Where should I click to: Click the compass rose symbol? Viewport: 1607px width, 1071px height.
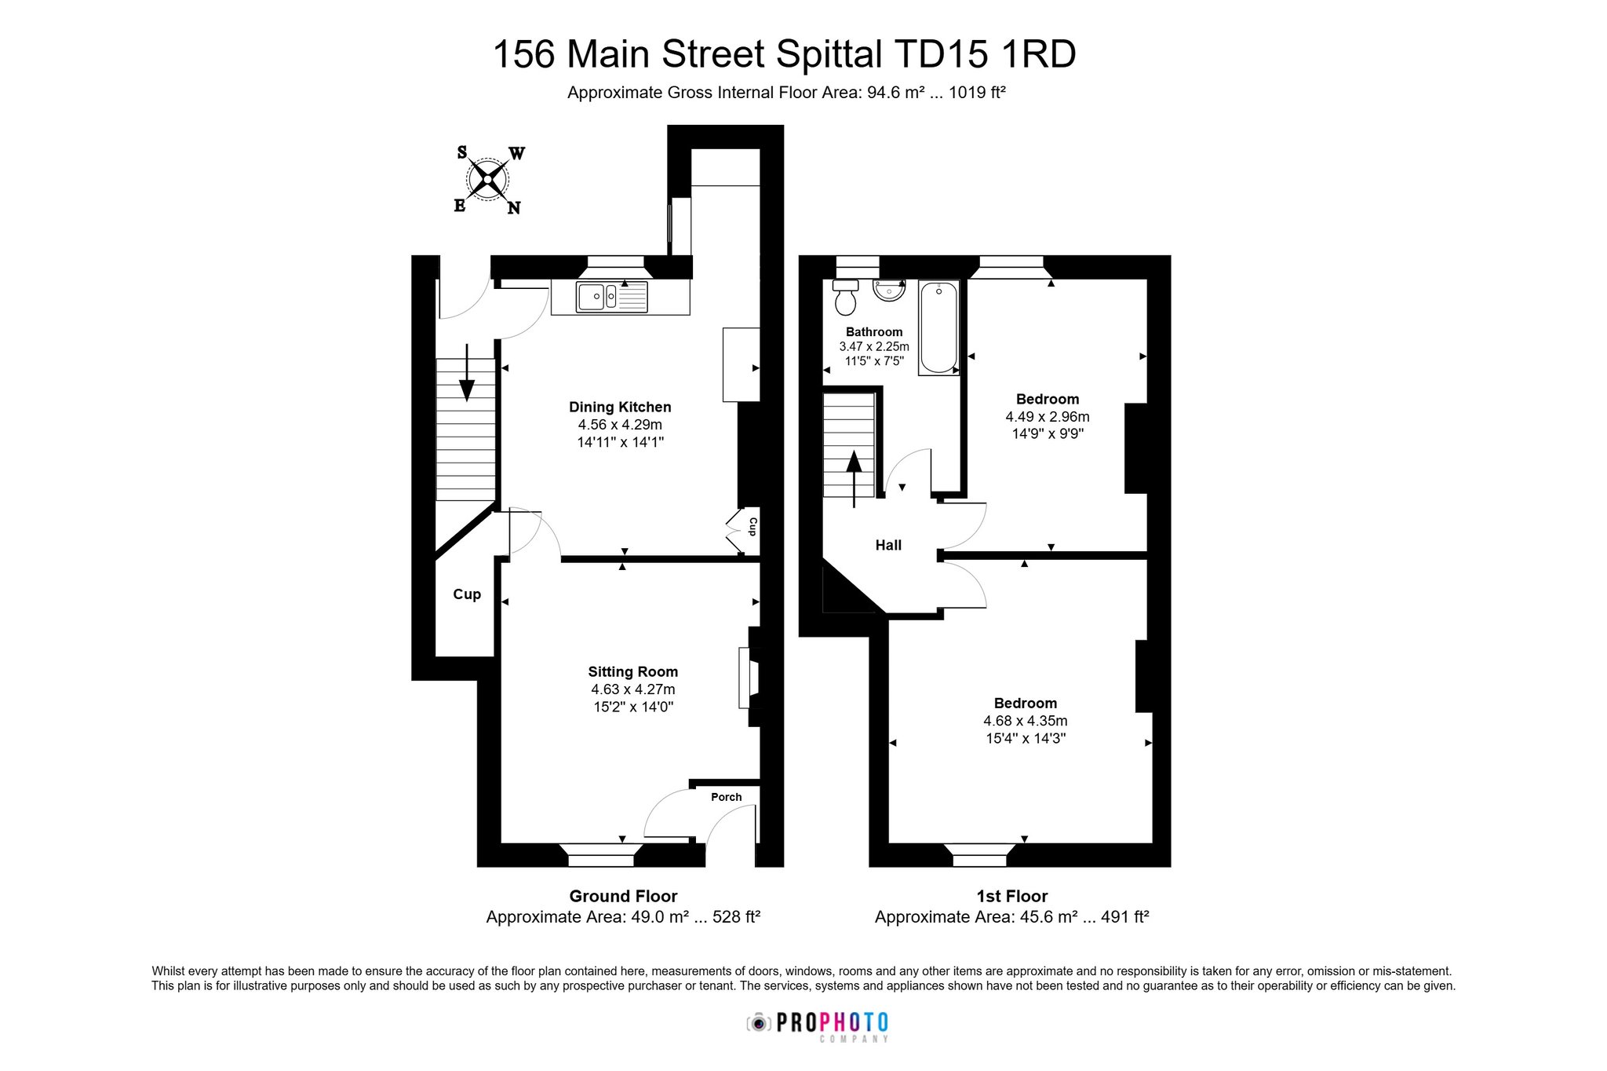coord(488,181)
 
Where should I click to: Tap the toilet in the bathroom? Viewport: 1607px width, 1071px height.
coord(845,297)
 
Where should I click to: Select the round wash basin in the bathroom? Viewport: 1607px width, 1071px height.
coord(889,291)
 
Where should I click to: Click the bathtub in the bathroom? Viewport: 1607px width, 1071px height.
coord(938,328)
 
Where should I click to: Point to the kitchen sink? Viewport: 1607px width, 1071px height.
coord(612,297)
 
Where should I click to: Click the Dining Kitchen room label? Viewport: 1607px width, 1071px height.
coord(620,407)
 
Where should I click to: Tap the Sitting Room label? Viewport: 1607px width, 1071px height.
coord(632,671)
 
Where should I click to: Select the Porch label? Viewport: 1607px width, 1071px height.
coord(726,797)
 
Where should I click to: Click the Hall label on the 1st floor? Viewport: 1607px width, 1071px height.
coord(888,545)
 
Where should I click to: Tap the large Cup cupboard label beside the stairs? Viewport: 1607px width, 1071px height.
coord(467,594)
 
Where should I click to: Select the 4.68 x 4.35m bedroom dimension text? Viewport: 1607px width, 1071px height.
coord(1025,721)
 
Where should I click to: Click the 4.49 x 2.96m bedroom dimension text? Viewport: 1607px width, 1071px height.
coord(1048,417)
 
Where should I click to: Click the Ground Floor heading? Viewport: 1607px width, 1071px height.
coord(623,896)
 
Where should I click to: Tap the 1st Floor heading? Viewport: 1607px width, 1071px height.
coord(1012,896)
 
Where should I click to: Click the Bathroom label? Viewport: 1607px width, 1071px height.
coord(874,332)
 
